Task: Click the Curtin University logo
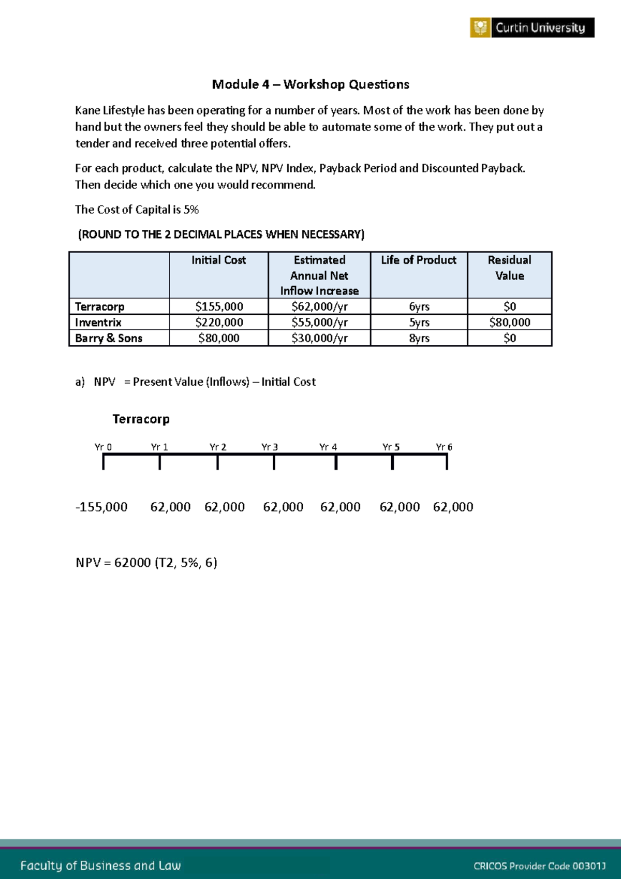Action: [531, 27]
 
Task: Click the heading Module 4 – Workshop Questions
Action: [310, 84]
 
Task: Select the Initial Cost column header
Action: [218, 260]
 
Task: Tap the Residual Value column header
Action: [509, 268]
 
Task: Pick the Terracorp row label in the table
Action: [99, 306]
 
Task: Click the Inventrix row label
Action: [98, 323]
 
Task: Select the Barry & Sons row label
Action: [108, 338]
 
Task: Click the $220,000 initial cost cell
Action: [218, 323]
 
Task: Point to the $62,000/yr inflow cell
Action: [319, 306]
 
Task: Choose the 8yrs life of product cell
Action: [419, 338]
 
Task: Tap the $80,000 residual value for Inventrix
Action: [509, 323]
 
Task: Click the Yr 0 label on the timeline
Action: [103, 447]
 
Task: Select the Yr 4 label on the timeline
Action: [328, 447]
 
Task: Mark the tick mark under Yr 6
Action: [447, 462]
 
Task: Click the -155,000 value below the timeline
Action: [101, 507]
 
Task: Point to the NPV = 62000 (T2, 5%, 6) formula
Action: [146, 563]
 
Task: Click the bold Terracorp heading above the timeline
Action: [141, 419]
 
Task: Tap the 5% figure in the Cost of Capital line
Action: [191, 210]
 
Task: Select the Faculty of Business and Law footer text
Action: [100, 866]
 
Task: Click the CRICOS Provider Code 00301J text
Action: [539, 866]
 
